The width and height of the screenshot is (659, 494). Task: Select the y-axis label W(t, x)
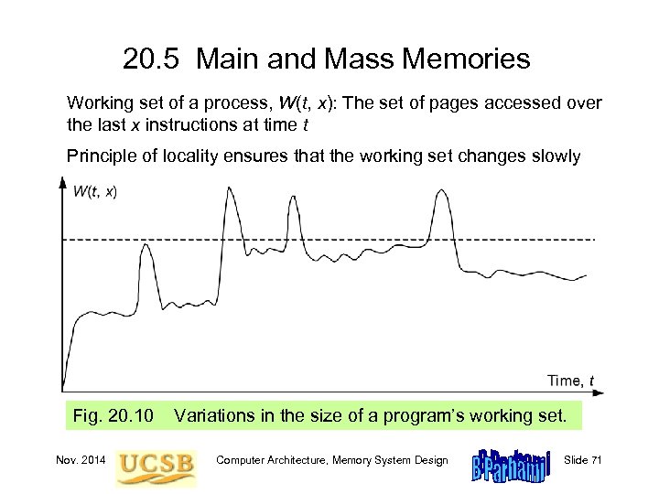[94, 191]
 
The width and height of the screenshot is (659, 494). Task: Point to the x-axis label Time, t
[570, 380]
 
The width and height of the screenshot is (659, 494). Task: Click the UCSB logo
[156, 463]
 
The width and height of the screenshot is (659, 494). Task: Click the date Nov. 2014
[81, 460]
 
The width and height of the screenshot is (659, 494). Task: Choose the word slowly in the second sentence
[550, 156]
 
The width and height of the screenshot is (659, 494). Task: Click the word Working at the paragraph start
[98, 103]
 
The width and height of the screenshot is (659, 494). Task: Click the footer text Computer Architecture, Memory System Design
[331, 460]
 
